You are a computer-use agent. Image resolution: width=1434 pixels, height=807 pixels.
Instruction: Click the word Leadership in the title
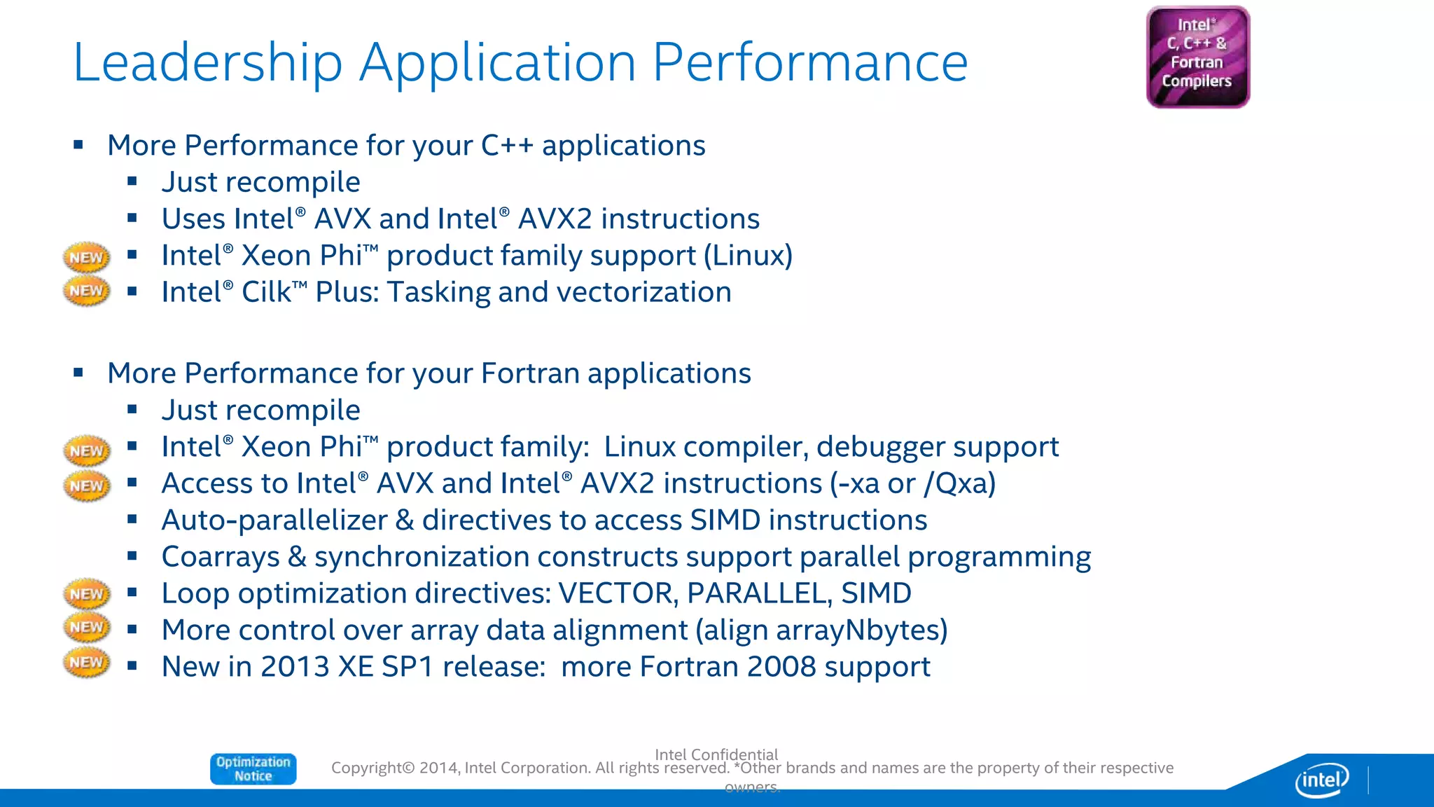click(207, 63)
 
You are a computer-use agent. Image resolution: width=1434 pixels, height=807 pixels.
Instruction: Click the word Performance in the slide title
click(810, 63)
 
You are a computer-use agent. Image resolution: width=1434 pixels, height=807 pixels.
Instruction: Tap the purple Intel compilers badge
click(1197, 57)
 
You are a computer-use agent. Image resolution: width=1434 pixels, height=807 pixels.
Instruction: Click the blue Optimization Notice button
click(253, 768)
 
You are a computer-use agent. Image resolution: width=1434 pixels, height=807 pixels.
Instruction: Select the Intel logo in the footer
click(1321, 779)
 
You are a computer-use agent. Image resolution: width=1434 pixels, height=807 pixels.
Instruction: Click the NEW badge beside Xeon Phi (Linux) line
click(86, 257)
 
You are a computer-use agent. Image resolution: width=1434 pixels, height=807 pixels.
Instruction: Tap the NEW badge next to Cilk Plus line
click(86, 291)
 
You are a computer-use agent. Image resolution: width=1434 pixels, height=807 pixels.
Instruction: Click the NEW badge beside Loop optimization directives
click(86, 593)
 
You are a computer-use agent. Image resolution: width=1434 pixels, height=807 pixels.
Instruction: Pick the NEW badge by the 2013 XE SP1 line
click(86, 662)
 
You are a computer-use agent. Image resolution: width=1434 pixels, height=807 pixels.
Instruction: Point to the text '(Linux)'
click(748, 256)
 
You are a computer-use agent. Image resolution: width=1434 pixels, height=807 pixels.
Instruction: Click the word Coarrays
click(221, 557)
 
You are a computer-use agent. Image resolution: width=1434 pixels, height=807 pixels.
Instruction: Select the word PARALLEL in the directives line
click(760, 593)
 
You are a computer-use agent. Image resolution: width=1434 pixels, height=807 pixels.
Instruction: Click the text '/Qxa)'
click(959, 483)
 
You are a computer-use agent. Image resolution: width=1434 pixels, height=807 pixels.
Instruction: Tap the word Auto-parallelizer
click(274, 520)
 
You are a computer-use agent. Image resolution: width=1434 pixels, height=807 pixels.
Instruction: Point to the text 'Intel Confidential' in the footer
click(716, 754)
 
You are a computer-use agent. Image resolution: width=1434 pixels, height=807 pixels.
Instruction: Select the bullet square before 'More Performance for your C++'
click(78, 145)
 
